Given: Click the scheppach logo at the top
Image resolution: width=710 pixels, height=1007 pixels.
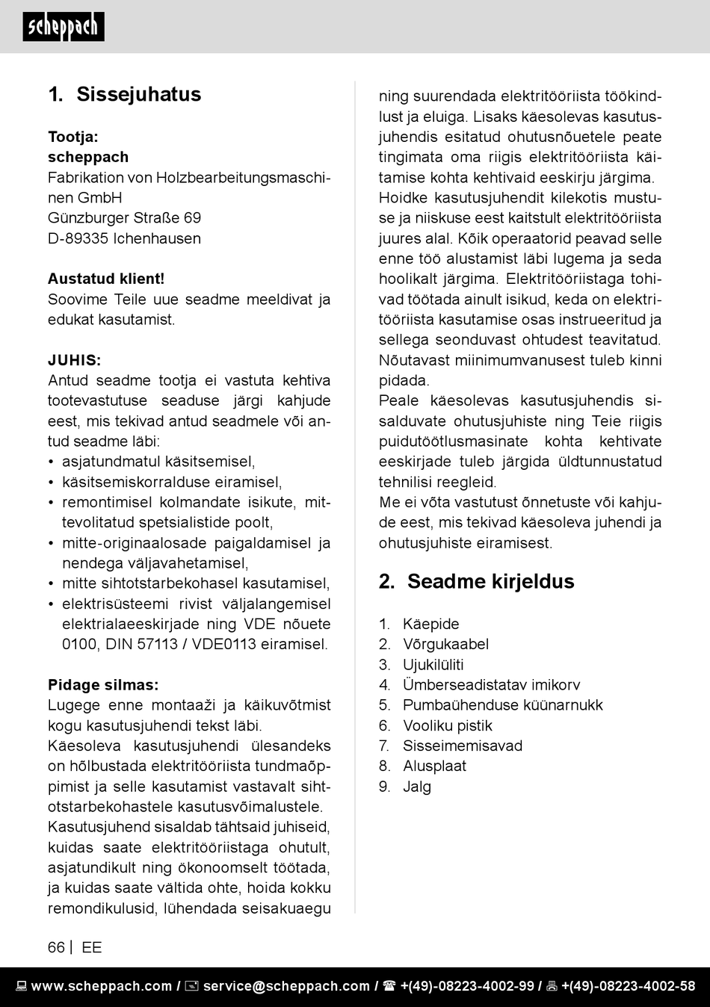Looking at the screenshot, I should click(64, 27).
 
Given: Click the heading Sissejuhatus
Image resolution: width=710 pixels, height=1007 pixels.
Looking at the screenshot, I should click(138, 94).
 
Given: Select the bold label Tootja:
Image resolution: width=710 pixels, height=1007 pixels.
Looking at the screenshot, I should click(73, 137).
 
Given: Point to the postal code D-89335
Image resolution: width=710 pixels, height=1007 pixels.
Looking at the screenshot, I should click(78, 238).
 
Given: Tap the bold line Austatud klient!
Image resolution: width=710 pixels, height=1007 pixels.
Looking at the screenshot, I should click(106, 279).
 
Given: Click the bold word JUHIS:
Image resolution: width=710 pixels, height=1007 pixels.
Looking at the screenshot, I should click(75, 360).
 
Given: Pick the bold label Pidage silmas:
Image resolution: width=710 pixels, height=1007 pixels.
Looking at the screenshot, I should click(103, 684).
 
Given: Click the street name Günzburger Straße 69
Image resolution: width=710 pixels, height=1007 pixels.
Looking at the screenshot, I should click(124, 217).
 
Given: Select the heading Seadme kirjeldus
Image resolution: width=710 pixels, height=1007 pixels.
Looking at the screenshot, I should click(490, 581).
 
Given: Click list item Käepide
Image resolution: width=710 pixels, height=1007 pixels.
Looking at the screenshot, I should click(430, 624).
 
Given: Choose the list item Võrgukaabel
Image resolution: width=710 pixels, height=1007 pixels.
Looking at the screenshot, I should click(445, 644).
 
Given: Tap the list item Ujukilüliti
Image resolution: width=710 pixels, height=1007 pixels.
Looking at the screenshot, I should click(433, 664).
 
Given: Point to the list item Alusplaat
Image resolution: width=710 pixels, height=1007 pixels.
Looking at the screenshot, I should click(434, 766).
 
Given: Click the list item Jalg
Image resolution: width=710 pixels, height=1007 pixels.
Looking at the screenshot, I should click(417, 786).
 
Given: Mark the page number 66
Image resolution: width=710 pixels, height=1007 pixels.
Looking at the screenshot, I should click(56, 947).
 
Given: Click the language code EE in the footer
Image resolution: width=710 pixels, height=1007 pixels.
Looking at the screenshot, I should click(91, 947).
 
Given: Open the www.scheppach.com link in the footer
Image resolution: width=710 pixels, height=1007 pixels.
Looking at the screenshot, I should click(101, 986).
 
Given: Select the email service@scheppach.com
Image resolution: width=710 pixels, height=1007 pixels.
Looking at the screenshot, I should click(285, 986).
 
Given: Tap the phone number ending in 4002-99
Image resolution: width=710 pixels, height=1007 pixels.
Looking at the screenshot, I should click(466, 986).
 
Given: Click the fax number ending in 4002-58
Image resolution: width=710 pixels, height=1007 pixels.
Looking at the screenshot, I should click(628, 986).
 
